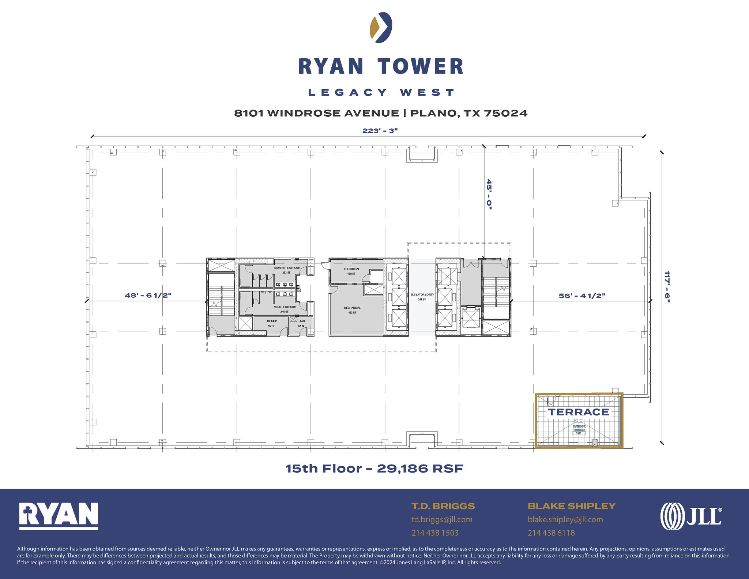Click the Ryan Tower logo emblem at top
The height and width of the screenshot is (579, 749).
coord(381,27)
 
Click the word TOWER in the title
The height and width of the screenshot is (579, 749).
coord(421,67)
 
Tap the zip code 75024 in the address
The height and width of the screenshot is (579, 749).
coord(506,113)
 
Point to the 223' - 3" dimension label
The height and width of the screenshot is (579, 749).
coord(380,131)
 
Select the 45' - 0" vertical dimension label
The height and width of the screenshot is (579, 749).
coord(489,194)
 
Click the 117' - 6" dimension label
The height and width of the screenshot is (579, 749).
coord(667,287)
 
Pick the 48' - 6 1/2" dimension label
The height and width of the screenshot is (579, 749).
coord(148,296)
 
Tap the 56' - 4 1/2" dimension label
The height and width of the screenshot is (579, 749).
coord(582,296)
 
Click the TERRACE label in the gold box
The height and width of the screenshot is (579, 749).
coord(578,412)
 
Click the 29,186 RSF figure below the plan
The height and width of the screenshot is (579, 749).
coord(420,469)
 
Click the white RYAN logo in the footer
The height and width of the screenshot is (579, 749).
coord(59,516)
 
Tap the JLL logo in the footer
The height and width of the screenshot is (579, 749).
coord(691,516)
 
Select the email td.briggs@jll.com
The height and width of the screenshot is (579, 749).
coord(442,520)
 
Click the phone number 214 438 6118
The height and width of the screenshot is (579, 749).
coord(551,533)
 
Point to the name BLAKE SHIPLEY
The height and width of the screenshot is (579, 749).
coord(572,506)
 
